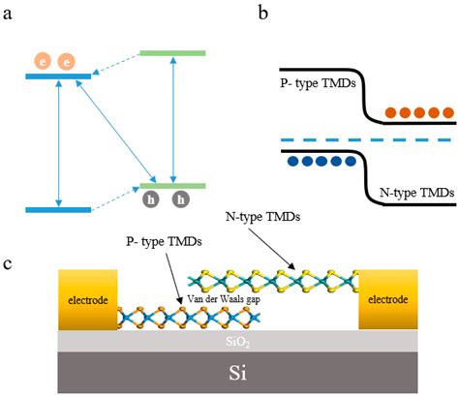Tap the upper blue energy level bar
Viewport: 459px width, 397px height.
coord(59,75)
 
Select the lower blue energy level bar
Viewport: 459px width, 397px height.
coord(58,209)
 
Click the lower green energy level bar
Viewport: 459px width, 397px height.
coord(172,185)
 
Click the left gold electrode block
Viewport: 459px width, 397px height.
coord(88,299)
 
